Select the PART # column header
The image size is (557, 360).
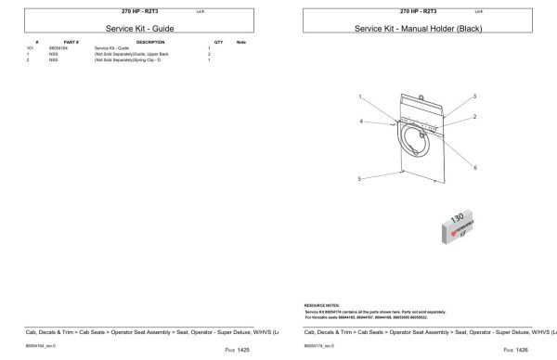click(71, 43)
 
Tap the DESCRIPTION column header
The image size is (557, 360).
click(149, 43)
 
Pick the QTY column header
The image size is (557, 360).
click(219, 43)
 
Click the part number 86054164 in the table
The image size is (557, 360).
click(71, 48)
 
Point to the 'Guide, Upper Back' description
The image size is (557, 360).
click(132, 54)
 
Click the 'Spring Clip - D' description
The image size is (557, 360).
click(133, 59)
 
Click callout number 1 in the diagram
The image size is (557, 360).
click(359, 96)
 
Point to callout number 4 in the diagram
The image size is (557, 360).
click(361, 122)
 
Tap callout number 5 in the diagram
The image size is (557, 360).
click(359, 178)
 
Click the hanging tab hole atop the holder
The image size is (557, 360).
click(421, 94)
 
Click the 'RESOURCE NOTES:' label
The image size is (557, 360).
click(322, 304)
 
